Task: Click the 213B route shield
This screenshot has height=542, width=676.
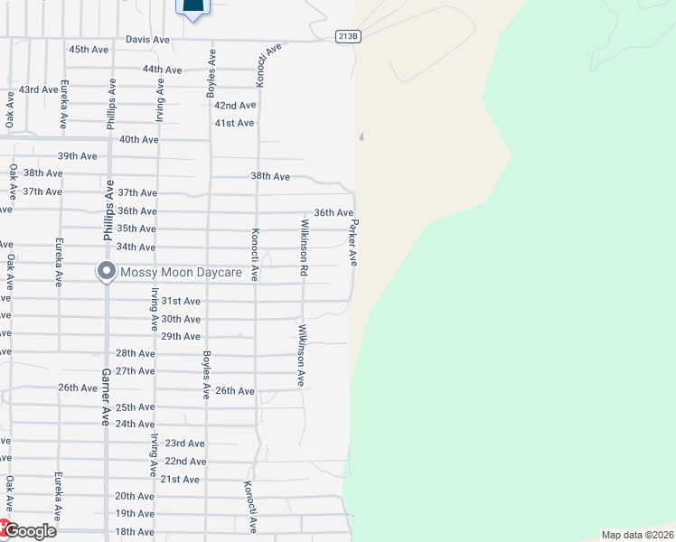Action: (x=348, y=36)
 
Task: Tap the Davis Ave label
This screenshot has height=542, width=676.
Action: (x=147, y=40)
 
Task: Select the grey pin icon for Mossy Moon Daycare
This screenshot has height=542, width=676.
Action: (x=107, y=271)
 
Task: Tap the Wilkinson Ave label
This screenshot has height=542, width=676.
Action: (x=302, y=356)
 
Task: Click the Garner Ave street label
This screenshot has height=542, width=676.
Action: (x=105, y=397)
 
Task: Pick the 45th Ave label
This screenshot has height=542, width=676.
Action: (x=89, y=49)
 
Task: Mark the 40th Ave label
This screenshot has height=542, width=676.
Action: (x=138, y=139)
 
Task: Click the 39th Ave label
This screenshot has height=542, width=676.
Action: (x=77, y=156)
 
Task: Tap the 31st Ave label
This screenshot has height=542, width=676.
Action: (x=181, y=301)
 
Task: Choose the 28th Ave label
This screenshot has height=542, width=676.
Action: (x=136, y=353)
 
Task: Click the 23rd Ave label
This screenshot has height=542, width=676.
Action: (x=184, y=444)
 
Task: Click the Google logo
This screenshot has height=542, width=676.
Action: (x=29, y=531)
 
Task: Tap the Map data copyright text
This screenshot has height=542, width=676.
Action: (x=636, y=535)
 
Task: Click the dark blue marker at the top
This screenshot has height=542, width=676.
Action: (x=192, y=8)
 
